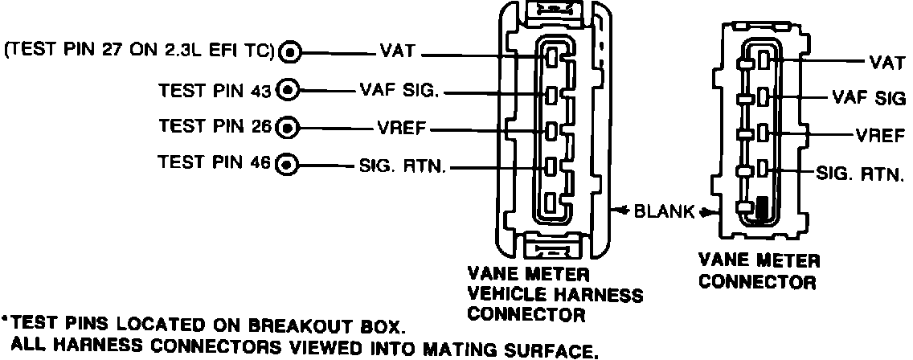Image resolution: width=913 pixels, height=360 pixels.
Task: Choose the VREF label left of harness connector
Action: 399,127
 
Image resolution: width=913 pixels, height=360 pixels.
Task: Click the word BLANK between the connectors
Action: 664,212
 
